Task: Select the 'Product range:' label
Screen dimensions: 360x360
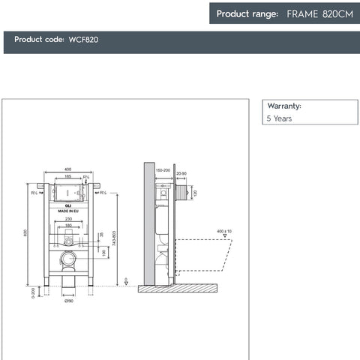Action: tap(247, 13)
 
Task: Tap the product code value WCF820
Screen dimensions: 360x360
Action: tap(83, 40)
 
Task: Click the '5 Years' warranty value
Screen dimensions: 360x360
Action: tap(279, 118)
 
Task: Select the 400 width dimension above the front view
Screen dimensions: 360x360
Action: tap(67, 169)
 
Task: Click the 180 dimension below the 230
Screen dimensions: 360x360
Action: tap(68, 225)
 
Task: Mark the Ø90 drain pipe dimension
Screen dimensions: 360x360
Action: tap(68, 301)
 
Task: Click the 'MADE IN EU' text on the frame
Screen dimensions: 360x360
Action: tap(68, 212)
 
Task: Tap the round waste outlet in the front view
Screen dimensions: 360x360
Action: tap(68, 259)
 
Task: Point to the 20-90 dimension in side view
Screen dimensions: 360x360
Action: tap(181, 174)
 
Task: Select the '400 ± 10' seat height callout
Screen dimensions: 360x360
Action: tap(224, 231)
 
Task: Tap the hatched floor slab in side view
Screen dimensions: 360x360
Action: tap(180, 287)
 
